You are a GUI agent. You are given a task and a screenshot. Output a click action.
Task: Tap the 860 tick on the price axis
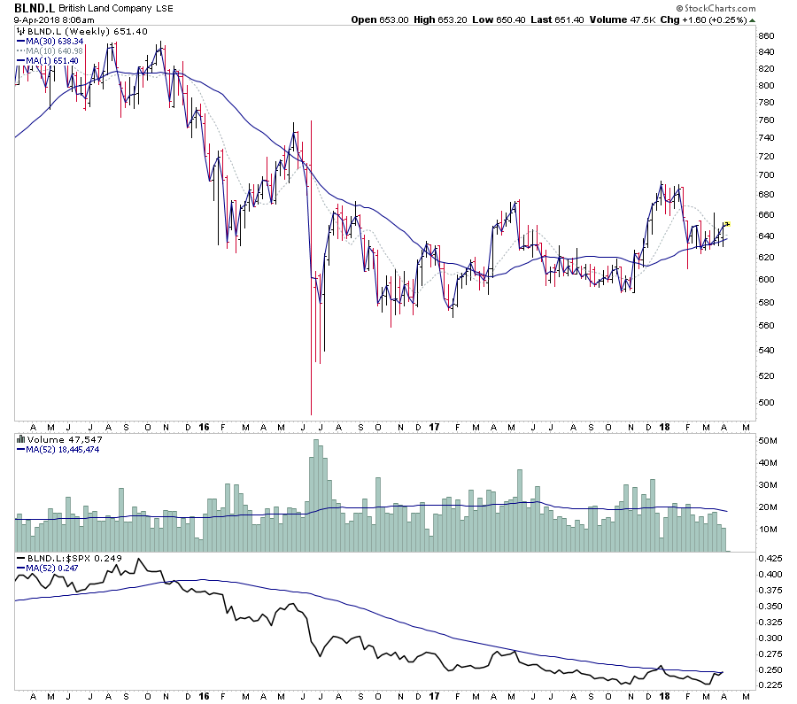766,36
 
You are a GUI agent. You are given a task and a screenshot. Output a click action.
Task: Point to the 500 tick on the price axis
766,402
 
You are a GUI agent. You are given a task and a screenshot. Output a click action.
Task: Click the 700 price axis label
766,173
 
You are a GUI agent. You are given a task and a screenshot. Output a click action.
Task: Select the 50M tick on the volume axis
767,441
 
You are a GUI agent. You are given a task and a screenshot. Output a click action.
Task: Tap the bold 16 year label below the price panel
205,426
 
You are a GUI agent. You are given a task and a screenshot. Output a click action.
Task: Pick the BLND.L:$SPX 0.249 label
68,559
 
